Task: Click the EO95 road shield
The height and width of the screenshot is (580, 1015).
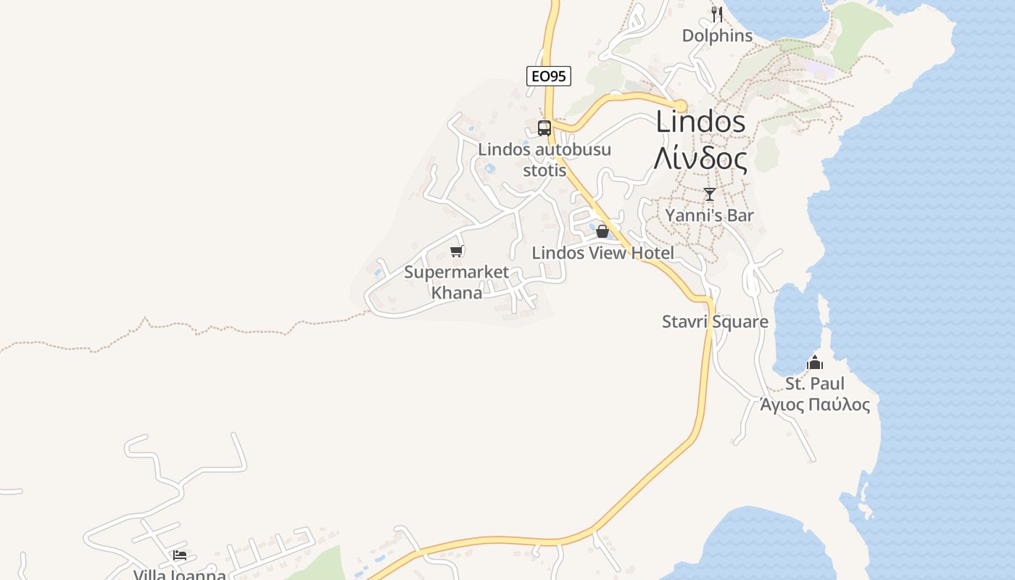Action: [x=549, y=75]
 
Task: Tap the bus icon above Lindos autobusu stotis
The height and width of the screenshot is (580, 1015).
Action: [x=544, y=128]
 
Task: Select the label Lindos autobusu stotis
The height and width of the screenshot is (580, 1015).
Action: [x=544, y=159]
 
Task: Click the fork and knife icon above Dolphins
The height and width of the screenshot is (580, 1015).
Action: [x=717, y=14]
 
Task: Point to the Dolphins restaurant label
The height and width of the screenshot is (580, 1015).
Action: [x=717, y=36]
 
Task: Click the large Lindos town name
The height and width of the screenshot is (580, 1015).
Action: [x=700, y=122]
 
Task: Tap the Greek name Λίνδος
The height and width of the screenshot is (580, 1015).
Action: [x=700, y=159]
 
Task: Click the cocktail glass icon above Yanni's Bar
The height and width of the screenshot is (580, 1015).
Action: [x=710, y=194]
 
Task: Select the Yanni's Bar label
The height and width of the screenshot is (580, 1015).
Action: [x=710, y=215]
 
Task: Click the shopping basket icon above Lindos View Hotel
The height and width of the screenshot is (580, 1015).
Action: [x=602, y=231]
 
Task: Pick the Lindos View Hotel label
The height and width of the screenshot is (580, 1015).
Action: [x=602, y=253]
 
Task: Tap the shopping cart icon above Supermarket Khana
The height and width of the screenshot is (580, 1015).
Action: [x=456, y=251]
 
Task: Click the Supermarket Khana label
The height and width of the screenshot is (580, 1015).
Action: [x=457, y=283]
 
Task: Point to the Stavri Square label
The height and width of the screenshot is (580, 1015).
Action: [x=715, y=321]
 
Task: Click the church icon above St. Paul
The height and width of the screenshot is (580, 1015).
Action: [x=815, y=362]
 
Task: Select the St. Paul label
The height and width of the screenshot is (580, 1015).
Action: [x=815, y=384]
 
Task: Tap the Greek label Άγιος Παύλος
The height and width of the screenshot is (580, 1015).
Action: [x=815, y=405]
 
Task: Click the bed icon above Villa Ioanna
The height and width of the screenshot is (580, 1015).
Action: [x=180, y=555]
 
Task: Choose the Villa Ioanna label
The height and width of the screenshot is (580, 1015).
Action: [x=180, y=574]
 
